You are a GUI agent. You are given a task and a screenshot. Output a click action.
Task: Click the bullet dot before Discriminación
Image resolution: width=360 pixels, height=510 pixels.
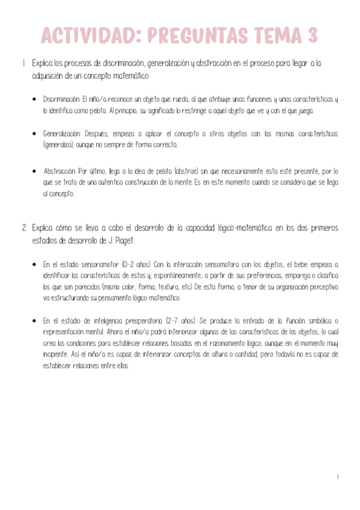(35, 100)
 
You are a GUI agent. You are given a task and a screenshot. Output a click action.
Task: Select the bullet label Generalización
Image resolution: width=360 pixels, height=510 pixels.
(61, 133)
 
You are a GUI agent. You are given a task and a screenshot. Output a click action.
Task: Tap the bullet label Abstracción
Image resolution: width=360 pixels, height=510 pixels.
(59, 171)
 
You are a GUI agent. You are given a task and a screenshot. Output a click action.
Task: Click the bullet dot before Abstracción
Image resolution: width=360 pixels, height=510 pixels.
(35, 171)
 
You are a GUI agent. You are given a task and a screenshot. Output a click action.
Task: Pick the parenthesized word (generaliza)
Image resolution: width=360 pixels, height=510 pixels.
(58, 145)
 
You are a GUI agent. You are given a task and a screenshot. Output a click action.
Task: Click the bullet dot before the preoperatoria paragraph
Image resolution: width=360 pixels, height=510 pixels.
(35, 321)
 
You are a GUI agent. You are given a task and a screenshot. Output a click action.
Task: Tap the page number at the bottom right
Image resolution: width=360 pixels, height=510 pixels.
(338, 477)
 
